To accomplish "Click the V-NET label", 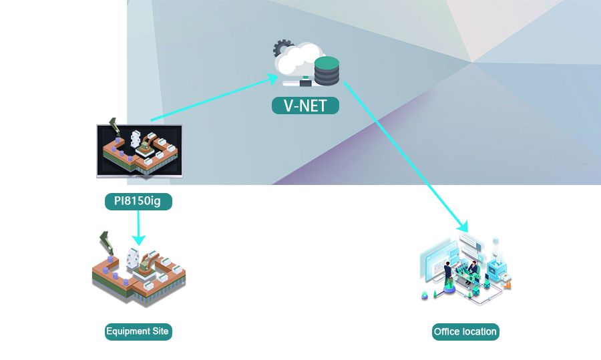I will tap(305, 106).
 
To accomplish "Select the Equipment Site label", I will tap(138, 331).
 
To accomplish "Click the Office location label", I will tap(465, 331).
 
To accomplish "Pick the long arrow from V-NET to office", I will tap(401, 154).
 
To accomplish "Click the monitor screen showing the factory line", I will tap(139, 150).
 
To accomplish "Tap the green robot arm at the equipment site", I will tap(106, 242).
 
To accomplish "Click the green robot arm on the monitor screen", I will tap(114, 127).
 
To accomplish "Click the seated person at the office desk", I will tap(473, 268).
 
